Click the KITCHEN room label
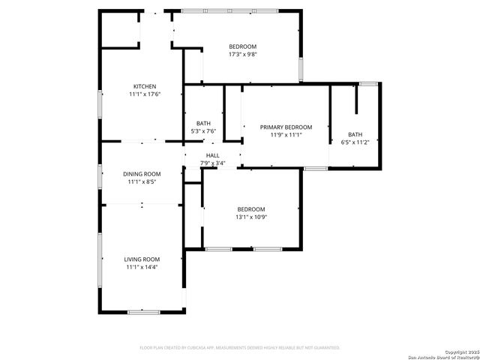(145, 86)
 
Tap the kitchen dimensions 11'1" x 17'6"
(145, 94)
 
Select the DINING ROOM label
(142, 174)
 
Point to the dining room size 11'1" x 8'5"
(142, 181)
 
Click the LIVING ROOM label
(142, 259)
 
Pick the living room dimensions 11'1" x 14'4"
(142, 267)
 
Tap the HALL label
(213, 155)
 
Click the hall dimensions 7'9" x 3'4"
(213, 163)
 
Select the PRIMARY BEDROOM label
(286, 127)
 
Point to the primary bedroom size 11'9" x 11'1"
(286, 135)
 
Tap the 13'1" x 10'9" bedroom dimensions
(251, 217)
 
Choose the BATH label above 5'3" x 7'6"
(203, 124)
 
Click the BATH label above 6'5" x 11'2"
(355, 134)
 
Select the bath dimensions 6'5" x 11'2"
(355, 142)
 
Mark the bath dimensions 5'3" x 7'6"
(203, 131)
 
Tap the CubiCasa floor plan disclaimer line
(240, 348)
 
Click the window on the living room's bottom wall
(142, 311)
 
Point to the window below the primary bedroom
(316, 169)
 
